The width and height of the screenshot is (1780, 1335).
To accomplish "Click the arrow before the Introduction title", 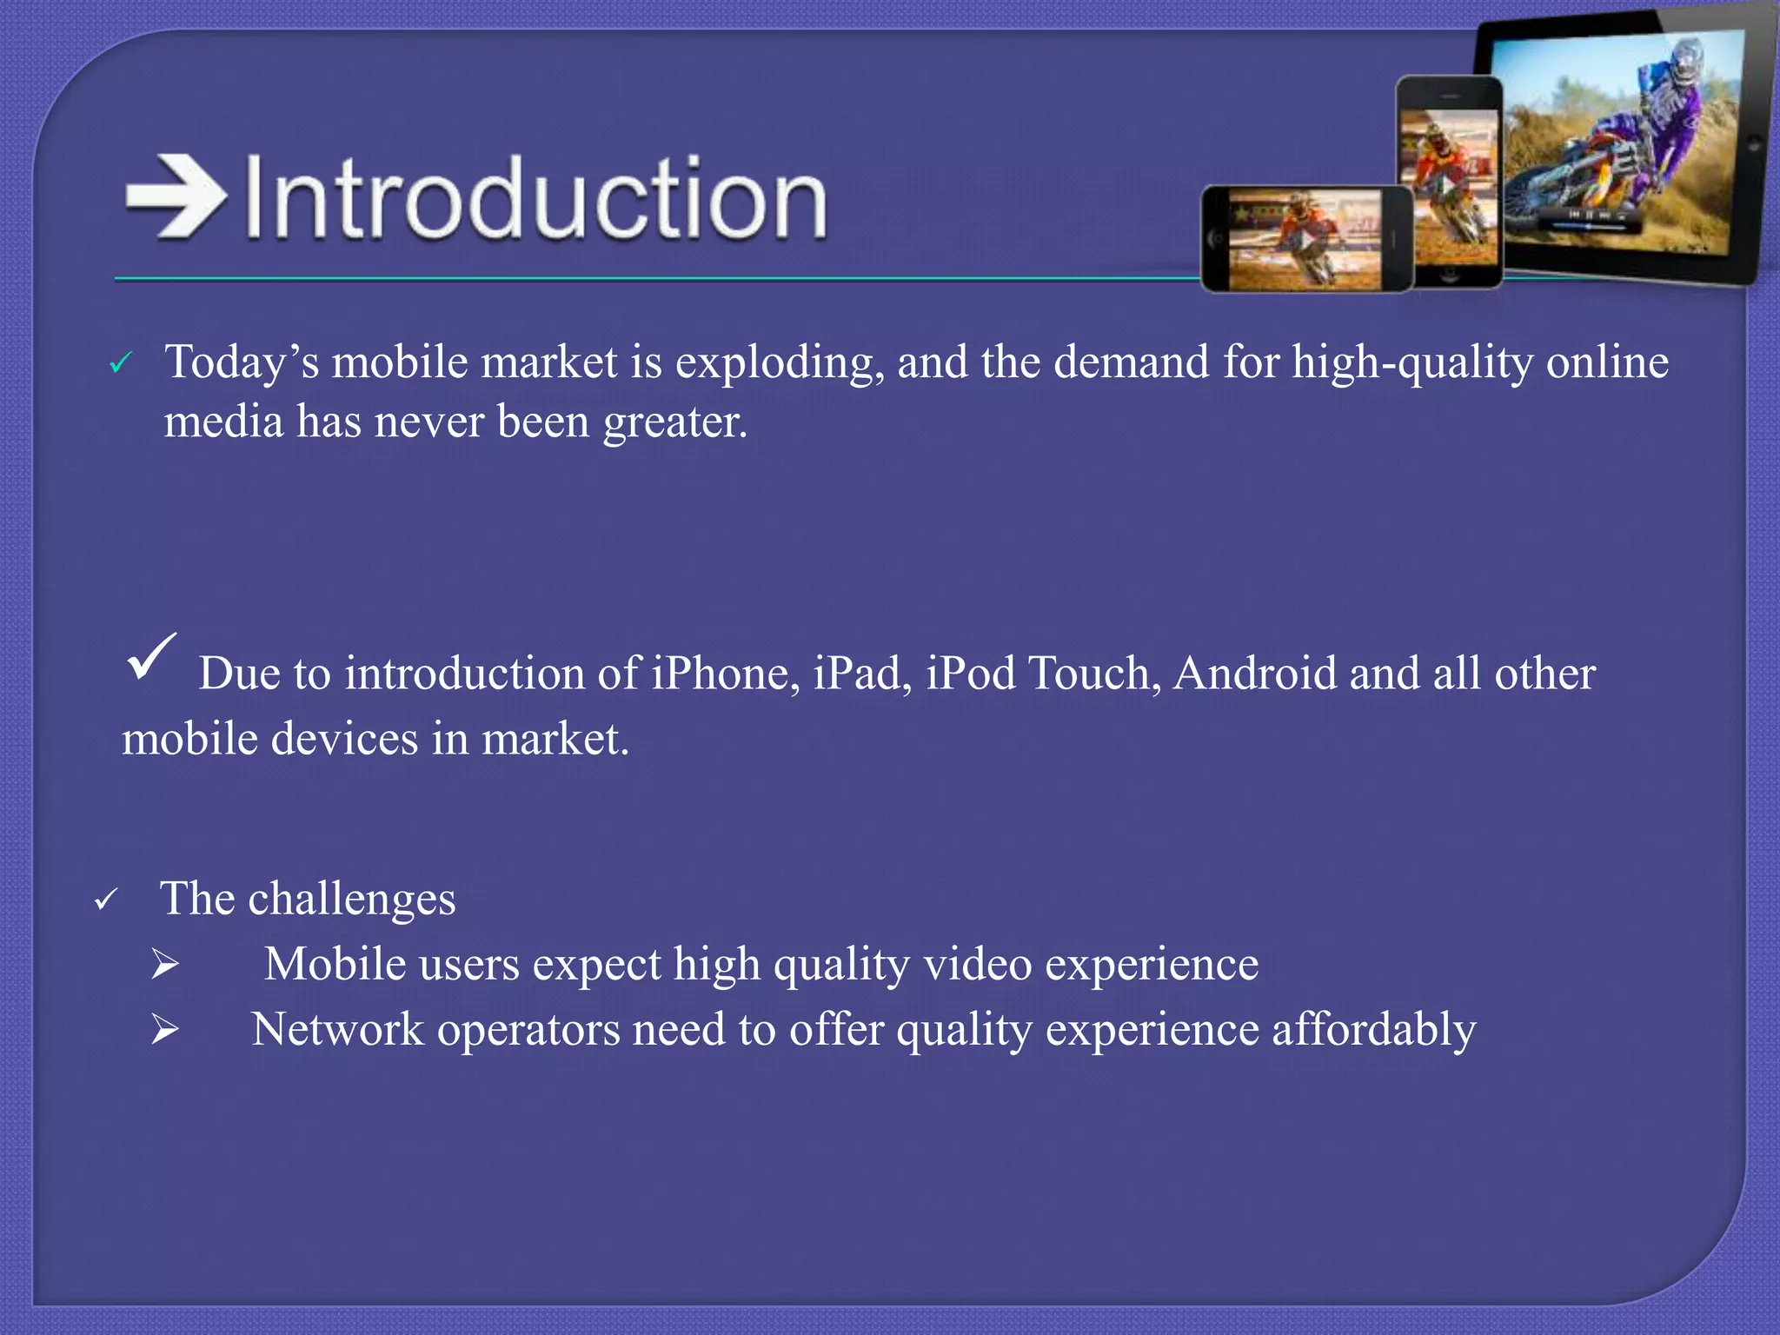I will [176, 196].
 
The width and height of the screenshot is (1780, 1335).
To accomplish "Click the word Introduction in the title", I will [535, 198].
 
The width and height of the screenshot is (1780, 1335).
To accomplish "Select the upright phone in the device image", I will [1450, 183].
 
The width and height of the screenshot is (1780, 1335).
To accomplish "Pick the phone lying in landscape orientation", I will [1306, 239].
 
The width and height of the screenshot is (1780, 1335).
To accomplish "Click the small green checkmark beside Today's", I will [120, 363].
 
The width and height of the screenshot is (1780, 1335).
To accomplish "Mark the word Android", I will [1254, 674].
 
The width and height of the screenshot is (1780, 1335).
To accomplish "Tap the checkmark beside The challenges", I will [105, 900].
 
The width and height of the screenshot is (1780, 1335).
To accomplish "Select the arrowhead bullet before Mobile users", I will [164, 964].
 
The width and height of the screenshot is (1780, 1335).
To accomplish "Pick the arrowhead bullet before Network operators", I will [164, 1030].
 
